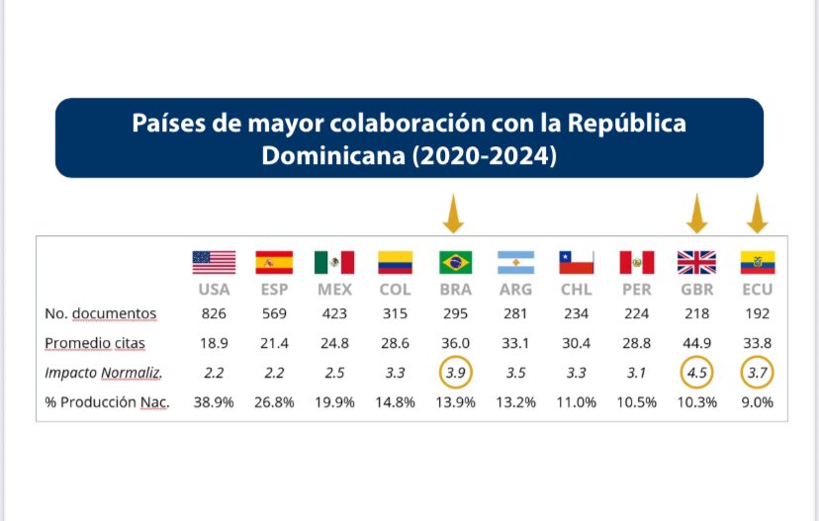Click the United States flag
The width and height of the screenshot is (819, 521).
coord(214,263)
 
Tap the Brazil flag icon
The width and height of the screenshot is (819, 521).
coord(455,263)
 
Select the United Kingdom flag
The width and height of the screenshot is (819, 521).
coord(696,263)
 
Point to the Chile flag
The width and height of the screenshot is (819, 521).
coord(576,263)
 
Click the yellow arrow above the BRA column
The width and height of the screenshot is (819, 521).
coord(453,214)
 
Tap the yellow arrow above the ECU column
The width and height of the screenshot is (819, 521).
coord(757,214)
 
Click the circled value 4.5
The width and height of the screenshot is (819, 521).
coord(696,373)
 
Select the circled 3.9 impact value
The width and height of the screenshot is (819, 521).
coord(455,373)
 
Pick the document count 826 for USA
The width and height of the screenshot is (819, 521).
coord(214,313)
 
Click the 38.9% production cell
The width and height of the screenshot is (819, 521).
coord(214,402)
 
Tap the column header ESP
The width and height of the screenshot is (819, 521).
coord(274,290)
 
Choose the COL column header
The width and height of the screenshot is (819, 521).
coord(395,290)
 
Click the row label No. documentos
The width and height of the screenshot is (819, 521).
coord(100,313)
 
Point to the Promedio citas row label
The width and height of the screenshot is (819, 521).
coord(95,343)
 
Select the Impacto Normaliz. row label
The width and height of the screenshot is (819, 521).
coord(103,373)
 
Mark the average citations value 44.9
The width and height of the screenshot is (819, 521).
coord(696,343)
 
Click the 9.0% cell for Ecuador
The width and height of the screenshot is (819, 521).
coord(757,402)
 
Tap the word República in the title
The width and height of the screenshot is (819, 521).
coord(626,124)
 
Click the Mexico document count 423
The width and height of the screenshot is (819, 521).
coord(334,313)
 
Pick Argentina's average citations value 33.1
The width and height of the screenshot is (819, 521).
coord(515,343)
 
